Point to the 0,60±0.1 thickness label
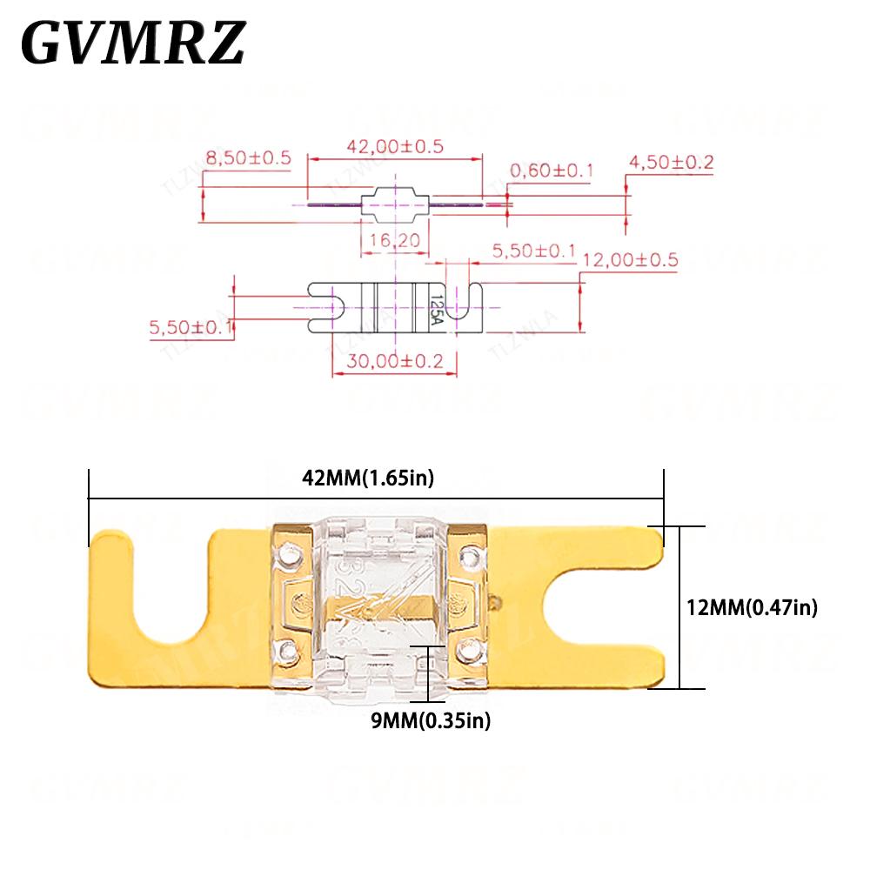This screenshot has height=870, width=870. click(552, 171)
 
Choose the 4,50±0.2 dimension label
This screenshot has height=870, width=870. click(671, 162)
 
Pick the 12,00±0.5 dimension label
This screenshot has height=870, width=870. click(630, 259)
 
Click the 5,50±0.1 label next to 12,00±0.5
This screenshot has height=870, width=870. click(534, 251)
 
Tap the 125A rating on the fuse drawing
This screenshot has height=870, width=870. click(436, 308)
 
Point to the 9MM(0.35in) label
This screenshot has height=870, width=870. click(428, 720)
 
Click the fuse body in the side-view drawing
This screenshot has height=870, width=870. click(396, 205)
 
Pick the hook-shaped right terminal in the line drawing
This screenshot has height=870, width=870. click(465, 306)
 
